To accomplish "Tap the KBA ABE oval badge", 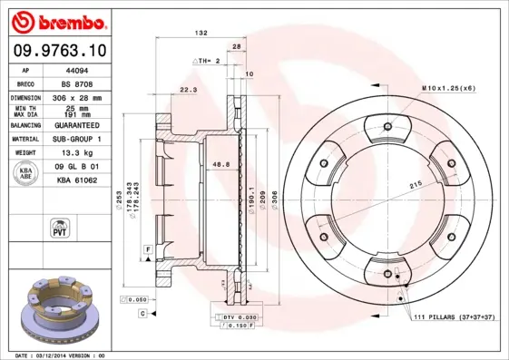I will pos(27,174).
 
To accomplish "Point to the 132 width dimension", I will pos(201,33).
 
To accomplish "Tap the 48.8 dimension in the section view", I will pos(219,163).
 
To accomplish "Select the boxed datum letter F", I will pos(146,248).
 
